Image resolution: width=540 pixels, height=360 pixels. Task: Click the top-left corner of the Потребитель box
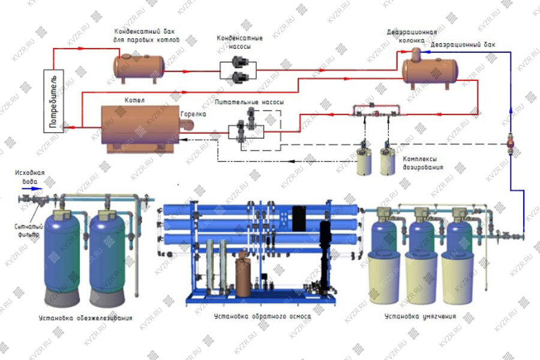click(x=44, y=70)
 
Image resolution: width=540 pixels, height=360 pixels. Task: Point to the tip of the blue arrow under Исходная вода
click(x=43, y=189)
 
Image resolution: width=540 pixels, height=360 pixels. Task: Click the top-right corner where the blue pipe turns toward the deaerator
click(x=511, y=52)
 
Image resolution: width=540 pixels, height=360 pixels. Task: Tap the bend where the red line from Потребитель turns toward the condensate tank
click(x=54, y=49)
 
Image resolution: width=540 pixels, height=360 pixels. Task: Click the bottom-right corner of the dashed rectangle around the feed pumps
click(x=281, y=150)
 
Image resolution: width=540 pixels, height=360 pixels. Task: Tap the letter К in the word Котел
click(x=127, y=100)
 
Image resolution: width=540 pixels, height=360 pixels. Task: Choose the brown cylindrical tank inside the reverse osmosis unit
click(x=243, y=273)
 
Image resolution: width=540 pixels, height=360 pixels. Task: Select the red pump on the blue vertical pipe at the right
click(x=511, y=143)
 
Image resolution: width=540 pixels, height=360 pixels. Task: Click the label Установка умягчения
click(x=420, y=316)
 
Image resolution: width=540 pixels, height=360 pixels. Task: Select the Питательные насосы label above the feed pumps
click(x=250, y=103)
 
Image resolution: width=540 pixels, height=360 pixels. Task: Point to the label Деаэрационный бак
click(x=463, y=45)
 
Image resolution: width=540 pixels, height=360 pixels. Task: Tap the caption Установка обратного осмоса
click(x=262, y=316)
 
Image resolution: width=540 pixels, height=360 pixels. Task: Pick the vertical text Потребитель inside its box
click(x=54, y=101)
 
